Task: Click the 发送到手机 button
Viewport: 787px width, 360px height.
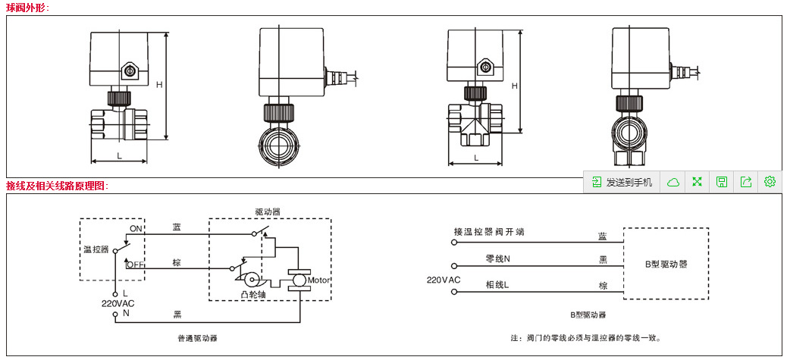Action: pyautogui.click(x=622, y=182)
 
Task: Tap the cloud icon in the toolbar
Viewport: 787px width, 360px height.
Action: pyautogui.click(x=673, y=182)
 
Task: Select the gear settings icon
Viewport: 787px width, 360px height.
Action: pyautogui.click(x=770, y=182)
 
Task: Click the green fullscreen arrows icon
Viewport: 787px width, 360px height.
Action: pyautogui.click(x=697, y=182)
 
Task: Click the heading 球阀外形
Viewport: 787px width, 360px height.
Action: pyautogui.click(x=28, y=8)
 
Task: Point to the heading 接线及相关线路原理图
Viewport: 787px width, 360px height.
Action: pyautogui.click(x=58, y=186)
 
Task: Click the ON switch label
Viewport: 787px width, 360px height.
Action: pyautogui.click(x=136, y=228)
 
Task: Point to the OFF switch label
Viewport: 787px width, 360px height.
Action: pyautogui.click(x=136, y=265)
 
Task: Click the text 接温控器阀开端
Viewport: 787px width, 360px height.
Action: pyautogui.click(x=489, y=232)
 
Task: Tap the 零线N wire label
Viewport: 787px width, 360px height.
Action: pyautogui.click(x=498, y=258)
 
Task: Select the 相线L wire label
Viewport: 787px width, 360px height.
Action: pyautogui.click(x=497, y=285)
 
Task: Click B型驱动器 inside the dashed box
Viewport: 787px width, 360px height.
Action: pyautogui.click(x=666, y=265)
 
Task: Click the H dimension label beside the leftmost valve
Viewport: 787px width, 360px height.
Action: pyautogui.click(x=160, y=84)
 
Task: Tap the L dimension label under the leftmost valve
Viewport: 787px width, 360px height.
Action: pyautogui.click(x=120, y=155)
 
